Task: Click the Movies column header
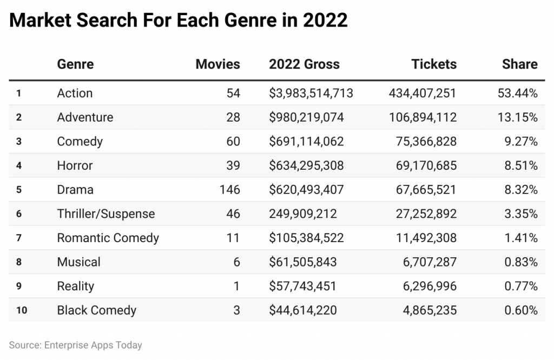(217, 64)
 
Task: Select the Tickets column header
(434, 64)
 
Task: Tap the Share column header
(519, 64)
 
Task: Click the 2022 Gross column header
(304, 64)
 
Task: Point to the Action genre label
(75, 93)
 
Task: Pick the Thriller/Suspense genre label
(105, 214)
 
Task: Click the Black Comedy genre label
(96, 310)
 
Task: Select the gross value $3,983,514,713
(311, 93)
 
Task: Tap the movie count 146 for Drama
(229, 190)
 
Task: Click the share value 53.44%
(517, 93)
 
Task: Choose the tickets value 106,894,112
(422, 117)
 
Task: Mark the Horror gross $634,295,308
(306, 165)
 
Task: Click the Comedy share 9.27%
(520, 142)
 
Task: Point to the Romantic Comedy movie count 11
(233, 238)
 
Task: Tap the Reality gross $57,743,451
(302, 286)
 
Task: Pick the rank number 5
(18, 190)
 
